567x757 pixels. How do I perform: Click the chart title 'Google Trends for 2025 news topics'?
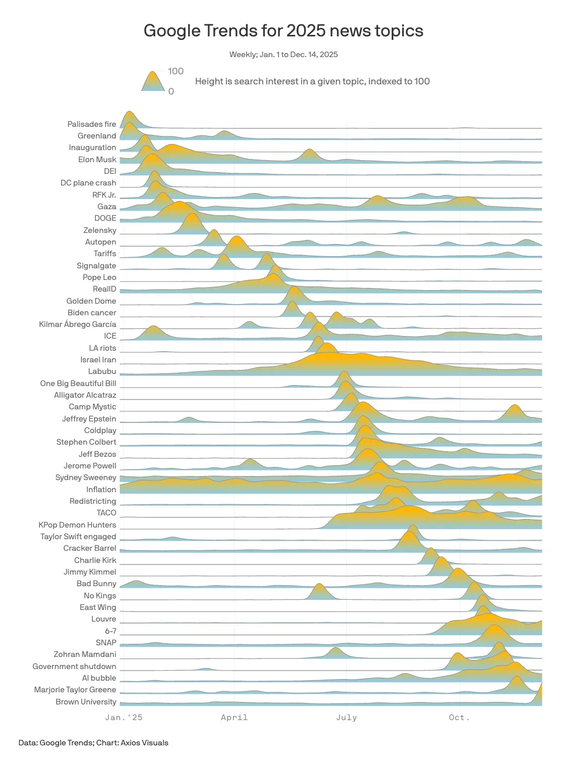pos(283,31)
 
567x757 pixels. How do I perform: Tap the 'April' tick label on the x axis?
pos(234,718)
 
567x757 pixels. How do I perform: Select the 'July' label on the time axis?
pos(346,718)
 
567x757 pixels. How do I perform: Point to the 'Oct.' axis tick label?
pos(459,718)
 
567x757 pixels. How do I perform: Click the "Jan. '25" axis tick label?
pos(124,718)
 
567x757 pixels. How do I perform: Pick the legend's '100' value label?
pos(176,71)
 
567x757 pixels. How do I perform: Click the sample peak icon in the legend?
pos(153,81)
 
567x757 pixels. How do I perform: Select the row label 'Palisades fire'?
pos(92,124)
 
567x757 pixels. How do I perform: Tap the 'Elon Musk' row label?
pos(97,160)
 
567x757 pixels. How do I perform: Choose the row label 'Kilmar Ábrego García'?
pos(78,324)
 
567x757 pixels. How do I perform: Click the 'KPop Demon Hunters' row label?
pos(77,525)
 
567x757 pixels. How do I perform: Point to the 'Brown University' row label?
pos(86,702)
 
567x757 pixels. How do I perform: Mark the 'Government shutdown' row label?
pos(74,667)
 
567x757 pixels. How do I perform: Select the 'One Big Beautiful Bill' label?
pos(78,384)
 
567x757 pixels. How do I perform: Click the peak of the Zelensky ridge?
pos(191,215)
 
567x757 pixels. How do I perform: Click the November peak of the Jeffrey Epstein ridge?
pos(514,406)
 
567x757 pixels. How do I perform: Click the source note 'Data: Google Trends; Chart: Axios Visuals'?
pos(93,743)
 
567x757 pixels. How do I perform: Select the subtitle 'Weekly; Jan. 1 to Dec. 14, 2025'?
pos(283,55)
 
